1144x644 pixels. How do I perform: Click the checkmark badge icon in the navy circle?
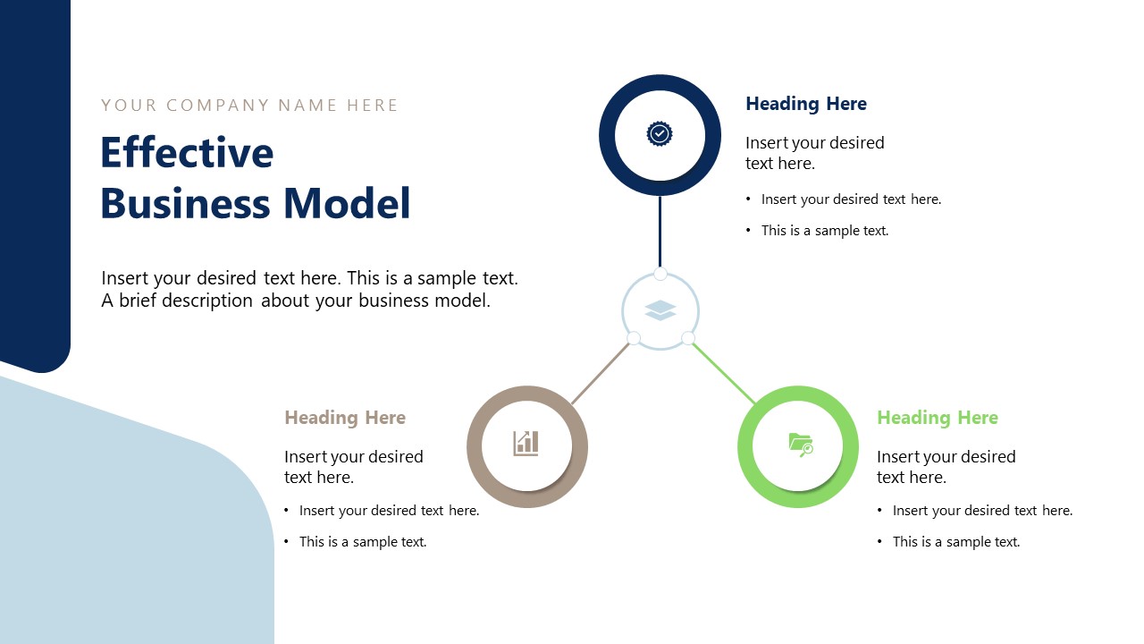click(x=660, y=134)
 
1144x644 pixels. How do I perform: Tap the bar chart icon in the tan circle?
click(x=526, y=443)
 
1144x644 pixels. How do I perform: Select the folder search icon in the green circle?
click(x=801, y=444)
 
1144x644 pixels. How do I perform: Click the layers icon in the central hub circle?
click(x=660, y=310)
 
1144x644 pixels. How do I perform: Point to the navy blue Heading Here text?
click(x=805, y=104)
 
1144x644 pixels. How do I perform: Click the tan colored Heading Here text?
click(x=345, y=418)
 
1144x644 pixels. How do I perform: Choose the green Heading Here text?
click(x=937, y=418)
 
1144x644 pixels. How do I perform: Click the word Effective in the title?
click(x=187, y=152)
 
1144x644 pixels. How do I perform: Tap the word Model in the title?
click(x=348, y=203)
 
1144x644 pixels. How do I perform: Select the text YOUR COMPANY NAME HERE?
click(x=249, y=106)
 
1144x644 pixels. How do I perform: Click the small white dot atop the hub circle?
click(x=660, y=274)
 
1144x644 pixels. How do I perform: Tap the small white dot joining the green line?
click(x=688, y=338)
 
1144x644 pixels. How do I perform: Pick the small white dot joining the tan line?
click(x=634, y=338)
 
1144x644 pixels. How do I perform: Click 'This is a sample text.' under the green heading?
click(x=955, y=542)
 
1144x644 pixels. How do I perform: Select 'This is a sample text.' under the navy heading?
click(x=824, y=231)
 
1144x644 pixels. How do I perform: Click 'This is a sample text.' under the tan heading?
click(x=363, y=542)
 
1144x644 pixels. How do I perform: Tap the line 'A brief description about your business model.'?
click(x=296, y=301)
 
